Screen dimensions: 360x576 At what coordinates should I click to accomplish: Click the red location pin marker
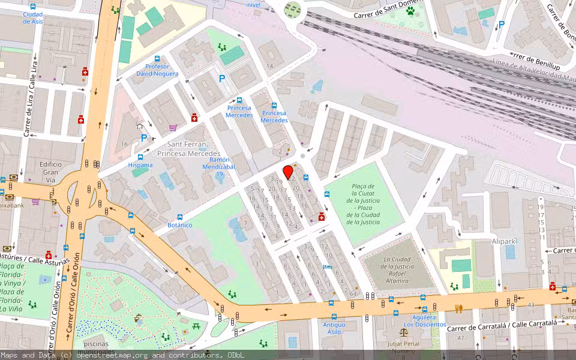point(288,172)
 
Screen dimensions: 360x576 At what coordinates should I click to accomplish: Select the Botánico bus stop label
point(179,225)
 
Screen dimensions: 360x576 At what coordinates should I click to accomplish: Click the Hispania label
point(140,165)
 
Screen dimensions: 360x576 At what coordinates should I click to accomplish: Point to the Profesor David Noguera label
point(157,70)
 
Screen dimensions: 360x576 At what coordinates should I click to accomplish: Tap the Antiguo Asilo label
point(334,328)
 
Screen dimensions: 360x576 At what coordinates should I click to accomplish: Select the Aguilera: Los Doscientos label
point(424,320)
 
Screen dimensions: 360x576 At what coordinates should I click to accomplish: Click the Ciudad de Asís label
point(33,17)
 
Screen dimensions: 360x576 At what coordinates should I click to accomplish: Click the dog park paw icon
point(411,10)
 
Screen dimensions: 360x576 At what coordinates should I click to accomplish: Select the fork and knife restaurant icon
point(459,308)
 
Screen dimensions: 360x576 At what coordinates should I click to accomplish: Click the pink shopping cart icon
point(173,127)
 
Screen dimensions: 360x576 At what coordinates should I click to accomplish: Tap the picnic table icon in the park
point(196,326)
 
